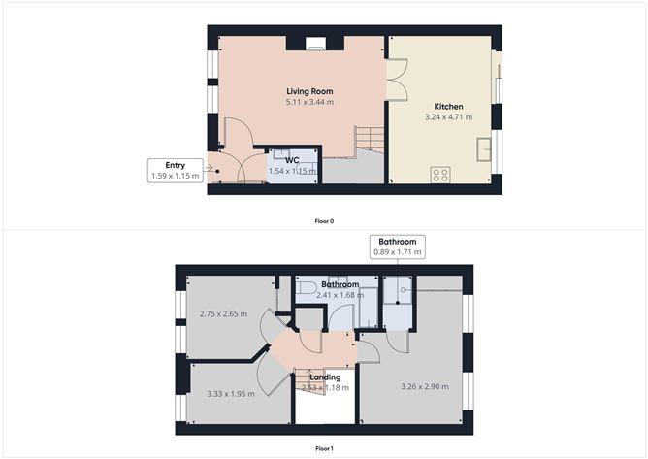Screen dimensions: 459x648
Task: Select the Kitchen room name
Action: [x=448, y=107]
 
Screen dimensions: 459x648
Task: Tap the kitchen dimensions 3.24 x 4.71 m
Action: [x=448, y=117]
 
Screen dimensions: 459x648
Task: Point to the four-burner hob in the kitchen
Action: [x=440, y=175]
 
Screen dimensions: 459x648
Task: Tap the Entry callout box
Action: [x=176, y=170]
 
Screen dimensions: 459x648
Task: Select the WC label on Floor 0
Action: [x=292, y=159]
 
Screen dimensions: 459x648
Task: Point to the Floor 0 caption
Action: [x=324, y=221]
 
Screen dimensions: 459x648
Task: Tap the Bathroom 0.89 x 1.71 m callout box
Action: [x=397, y=246]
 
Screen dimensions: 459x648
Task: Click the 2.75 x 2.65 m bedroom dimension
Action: [x=223, y=313]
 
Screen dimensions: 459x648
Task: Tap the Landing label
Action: [x=325, y=377]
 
